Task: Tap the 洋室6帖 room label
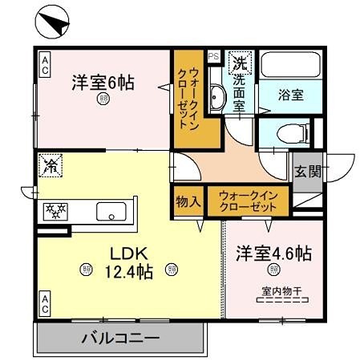[x=103, y=82]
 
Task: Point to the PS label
[x=213, y=56]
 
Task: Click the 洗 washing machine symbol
[x=239, y=61]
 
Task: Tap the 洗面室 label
[x=240, y=88]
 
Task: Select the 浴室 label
[x=291, y=95]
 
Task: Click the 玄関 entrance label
[x=307, y=170]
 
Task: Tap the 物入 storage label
[x=188, y=201]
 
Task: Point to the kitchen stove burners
[x=57, y=212]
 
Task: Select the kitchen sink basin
[x=111, y=212]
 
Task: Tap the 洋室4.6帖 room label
[x=273, y=254]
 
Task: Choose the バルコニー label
[x=120, y=338]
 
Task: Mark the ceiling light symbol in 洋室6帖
[x=103, y=99]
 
